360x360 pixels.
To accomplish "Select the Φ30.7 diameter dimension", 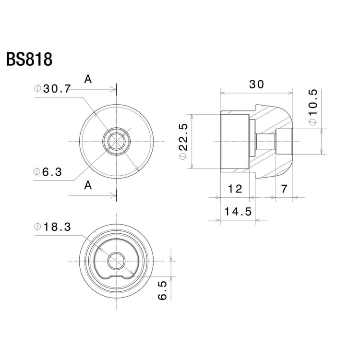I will [53, 89].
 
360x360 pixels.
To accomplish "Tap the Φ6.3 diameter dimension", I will [48, 172].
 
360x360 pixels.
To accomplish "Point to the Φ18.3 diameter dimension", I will [53, 227].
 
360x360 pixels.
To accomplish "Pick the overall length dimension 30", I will [256, 84].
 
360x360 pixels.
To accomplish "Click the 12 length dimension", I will [235, 189].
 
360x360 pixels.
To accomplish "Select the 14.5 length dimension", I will [237, 211].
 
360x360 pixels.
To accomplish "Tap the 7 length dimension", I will [284, 189].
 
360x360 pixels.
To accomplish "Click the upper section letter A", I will [88, 80].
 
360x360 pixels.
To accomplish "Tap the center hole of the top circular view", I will [116, 142].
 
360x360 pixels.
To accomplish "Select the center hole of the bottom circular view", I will [116, 261].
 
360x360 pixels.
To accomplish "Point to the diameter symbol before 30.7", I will [37, 89].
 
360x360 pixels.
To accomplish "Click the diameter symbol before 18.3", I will [37, 227].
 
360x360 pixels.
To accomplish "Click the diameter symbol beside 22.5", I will [182, 157].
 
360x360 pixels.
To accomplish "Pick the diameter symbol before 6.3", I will [37, 172].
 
